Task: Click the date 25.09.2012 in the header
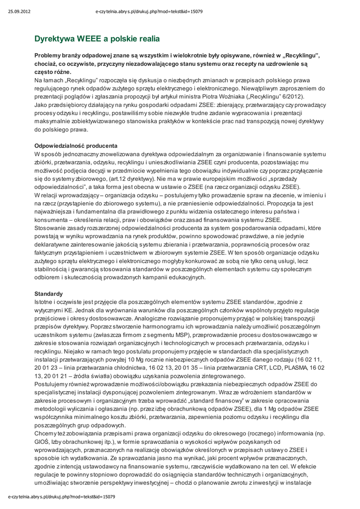tap(18, 11)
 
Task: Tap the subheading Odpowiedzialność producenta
tap(76, 146)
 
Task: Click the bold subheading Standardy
tap(49, 294)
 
